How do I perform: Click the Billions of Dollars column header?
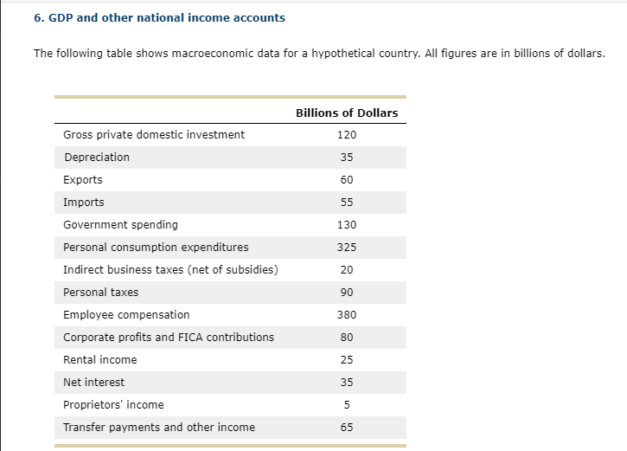point(347,113)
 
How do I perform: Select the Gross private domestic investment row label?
point(154,135)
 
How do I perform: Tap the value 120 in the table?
point(347,135)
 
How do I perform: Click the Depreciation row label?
point(97,158)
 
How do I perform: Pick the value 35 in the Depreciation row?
point(347,158)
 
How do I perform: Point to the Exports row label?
point(83,180)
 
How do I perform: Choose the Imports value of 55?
point(347,203)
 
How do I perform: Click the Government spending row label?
point(120,225)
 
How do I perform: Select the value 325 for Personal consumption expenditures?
point(347,248)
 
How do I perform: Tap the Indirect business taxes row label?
point(170,270)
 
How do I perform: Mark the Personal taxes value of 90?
point(347,293)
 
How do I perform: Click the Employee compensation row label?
point(126,315)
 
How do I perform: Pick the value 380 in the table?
point(347,315)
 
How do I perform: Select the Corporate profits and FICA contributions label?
point(169,338)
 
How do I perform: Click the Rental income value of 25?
point(347,360)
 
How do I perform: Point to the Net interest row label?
point(93,383)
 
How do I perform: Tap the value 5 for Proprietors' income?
point(347,405)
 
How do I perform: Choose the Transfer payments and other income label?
point(159,428)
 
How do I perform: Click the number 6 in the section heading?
point(37,18)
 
